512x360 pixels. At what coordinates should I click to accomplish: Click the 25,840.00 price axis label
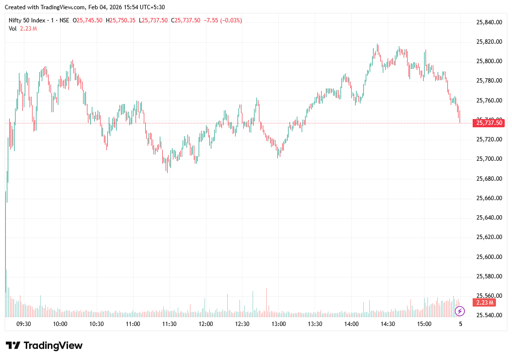489,22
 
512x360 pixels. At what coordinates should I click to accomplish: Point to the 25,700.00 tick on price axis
489,159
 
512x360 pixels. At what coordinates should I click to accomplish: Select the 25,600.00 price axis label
489,257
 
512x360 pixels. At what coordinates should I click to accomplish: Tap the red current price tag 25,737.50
489,123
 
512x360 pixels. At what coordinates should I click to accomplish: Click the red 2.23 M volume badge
485,303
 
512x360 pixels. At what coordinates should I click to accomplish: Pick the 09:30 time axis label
24,324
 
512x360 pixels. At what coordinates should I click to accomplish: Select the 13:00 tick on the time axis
278,324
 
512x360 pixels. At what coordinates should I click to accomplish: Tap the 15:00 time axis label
424,324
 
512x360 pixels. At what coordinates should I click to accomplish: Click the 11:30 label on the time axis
169,324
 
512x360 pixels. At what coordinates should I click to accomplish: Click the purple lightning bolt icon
460,311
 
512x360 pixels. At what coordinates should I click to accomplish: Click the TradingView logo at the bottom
44,345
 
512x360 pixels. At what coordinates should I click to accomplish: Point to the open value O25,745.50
87,20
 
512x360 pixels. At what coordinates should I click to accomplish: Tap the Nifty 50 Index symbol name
28,20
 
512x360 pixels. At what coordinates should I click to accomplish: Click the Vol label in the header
13,29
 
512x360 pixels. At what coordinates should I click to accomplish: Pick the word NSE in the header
64,20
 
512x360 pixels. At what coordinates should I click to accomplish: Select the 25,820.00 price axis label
489,42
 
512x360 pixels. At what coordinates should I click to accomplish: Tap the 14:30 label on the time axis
388,324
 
